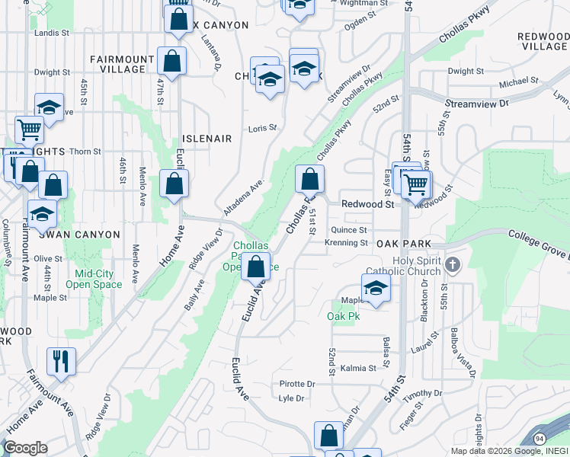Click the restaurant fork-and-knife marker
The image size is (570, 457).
[x=61, y=360]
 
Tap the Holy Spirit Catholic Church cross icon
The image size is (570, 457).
[x=453, y=265]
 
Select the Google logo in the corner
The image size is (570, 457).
[x=25, y=448]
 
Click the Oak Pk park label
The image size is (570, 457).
[x=343, y=316]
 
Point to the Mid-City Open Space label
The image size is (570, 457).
[x=98, y=279]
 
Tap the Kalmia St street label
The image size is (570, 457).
[x=359, y=368]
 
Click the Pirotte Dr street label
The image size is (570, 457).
[x=297, y=384]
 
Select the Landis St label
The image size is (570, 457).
[x=52, y=34]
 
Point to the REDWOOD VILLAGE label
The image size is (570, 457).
[x=542, y=41]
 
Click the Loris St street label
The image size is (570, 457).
[x=262, y=128]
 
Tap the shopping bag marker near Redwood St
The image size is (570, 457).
[x=309, y=180]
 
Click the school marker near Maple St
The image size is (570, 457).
[x=376, y=288]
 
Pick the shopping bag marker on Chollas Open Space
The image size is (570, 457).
[x=256, y=267]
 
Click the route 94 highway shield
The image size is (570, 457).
[x=539, y=439]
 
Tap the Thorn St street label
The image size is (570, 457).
[x=85, y=152]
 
